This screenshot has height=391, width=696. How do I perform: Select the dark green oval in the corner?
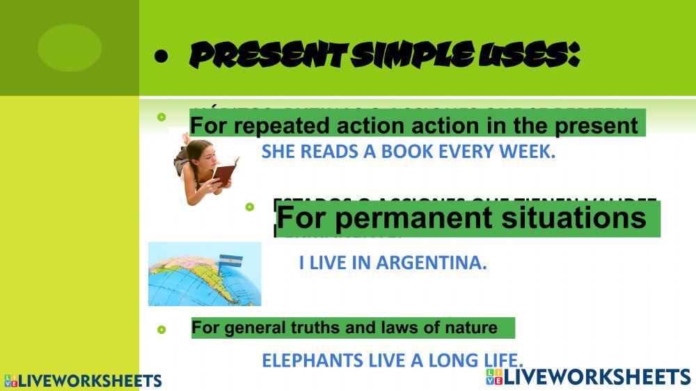(x=69, y=47)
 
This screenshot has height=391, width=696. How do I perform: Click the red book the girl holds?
(x=225, y=172)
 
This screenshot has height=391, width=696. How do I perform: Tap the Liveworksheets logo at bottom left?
(x=82, y=381)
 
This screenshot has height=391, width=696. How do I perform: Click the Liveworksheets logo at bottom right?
(x=588, y=377)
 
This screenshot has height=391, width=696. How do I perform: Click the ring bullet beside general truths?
(x=161, y=329)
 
